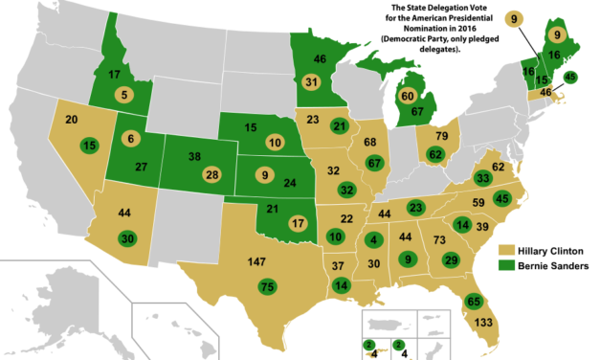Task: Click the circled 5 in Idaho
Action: (x=123, y=94)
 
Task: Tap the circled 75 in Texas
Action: (x=268, y=286)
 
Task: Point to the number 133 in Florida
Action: (x=483, y=323)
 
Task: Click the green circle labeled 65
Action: (x=473, y=301)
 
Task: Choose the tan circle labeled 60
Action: (x=407, y=96)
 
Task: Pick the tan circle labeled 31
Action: (x=311, y=82)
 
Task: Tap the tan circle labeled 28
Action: (x=212, y=174)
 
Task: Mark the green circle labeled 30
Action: (x=126, y=237)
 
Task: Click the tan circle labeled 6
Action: (x=131, y=138)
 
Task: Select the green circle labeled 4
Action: (x=373, y=238)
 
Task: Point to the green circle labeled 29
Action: (x=451, y=259)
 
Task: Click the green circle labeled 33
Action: (x=483, y=178)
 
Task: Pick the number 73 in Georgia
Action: (x=440, y=239)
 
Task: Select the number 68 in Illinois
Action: (x=369, y=143)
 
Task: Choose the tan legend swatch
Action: (x=506, y=249)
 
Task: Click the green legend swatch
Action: (x=506, y=264)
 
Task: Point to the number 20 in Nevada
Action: (x=72, y=121)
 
